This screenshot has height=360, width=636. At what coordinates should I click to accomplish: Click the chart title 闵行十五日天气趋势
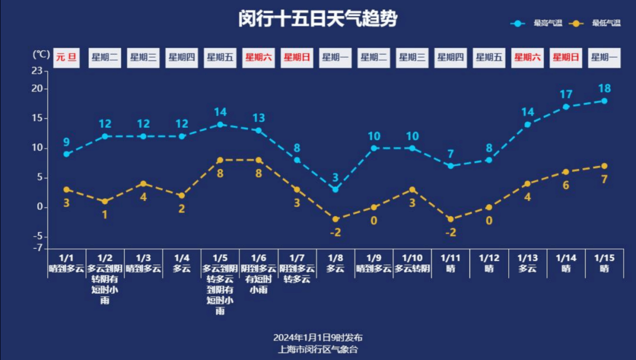click(x=318, y=19)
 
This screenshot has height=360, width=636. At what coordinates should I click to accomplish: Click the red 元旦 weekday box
click(x=67, y=58)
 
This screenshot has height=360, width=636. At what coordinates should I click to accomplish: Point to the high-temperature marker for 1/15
click(x=604, y=101)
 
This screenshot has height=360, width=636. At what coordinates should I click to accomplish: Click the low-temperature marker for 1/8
click(x=335, y=219)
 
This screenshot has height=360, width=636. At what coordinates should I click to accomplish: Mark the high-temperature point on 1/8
click(x=335, y=189)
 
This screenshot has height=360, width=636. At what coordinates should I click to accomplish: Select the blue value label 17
click(x=566, y=94)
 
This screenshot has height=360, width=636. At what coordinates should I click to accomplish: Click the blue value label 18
click(x=604, y=88)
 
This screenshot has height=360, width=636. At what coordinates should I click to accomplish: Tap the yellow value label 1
click(x=105, y=214)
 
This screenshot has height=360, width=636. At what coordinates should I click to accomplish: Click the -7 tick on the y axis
click(x=38, y=248)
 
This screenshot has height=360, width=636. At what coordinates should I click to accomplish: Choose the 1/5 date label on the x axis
click(x=220, y=258)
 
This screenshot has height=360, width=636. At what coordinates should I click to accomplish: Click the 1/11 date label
click(x=450, y=258)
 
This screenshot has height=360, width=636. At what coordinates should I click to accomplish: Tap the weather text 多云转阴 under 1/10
click(x=412, y=269)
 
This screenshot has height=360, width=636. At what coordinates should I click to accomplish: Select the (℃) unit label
click(x=41, y=54)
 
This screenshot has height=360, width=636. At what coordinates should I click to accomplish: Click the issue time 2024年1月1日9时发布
click(x=318, y=338)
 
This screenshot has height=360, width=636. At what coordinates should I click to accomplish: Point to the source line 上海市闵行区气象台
click(x=318, y=349)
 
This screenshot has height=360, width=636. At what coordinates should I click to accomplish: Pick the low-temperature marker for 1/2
click(x=105, y=202)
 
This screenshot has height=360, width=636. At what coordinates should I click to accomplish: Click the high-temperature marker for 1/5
click(x=220, y=124)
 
